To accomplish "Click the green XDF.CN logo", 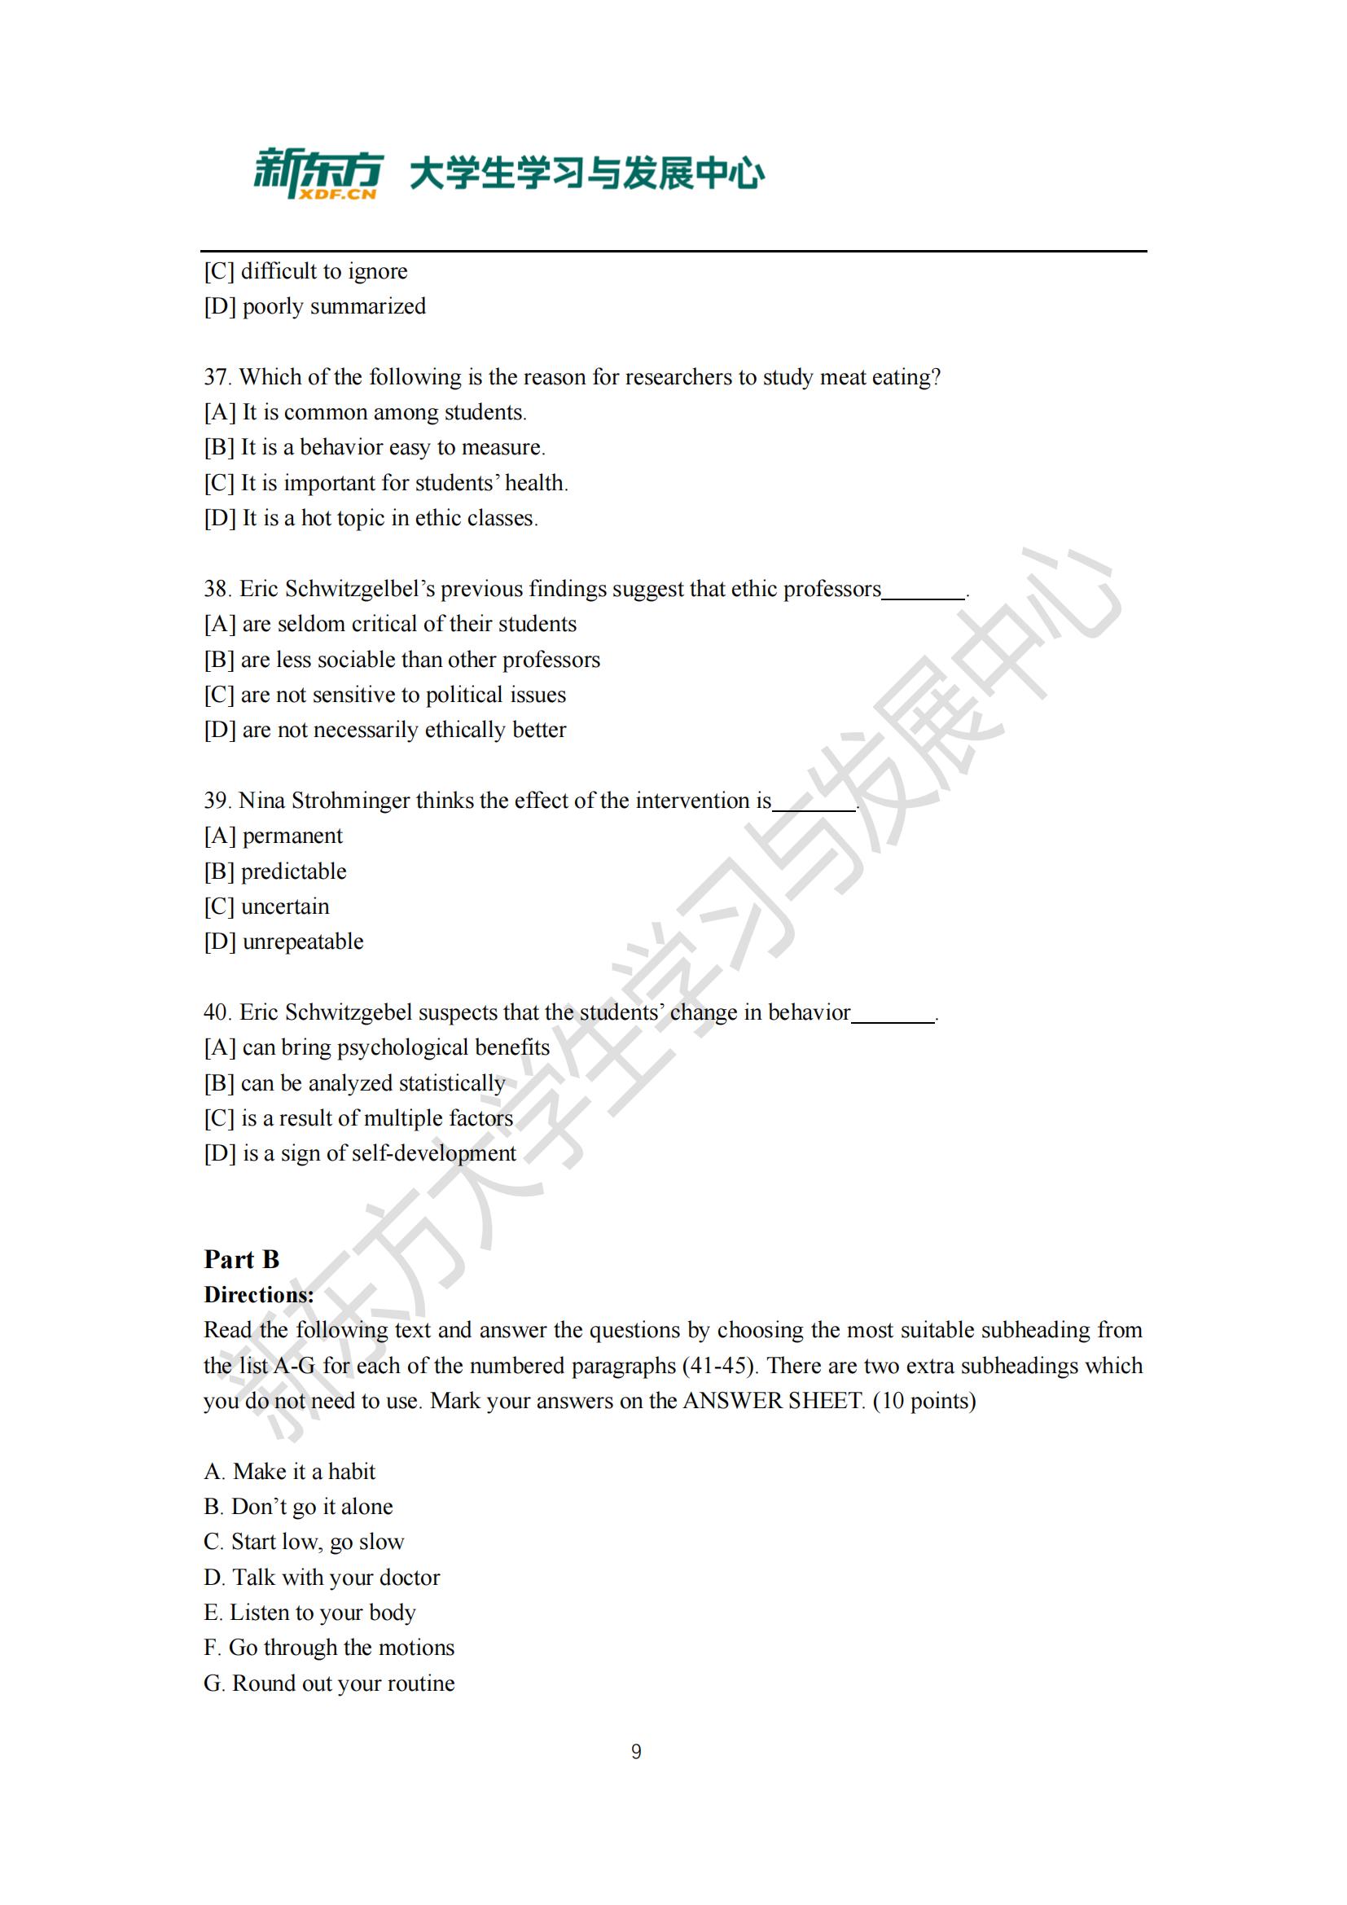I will [318, 173].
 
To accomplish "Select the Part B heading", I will [241, 1259].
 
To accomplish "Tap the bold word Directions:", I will [259, 1295].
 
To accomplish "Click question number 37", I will [217, 378].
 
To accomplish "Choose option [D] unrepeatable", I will [283, 942].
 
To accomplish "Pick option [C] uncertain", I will [266, 906].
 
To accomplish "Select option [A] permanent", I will [273, 836].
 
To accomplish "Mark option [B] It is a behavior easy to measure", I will [375, 447].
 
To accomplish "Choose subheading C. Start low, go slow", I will [304, 1542].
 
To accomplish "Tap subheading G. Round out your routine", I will [329, 1683].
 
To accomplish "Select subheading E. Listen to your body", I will [309, 1612].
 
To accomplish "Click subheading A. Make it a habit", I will [289, 1471].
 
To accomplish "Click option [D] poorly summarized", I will [314, 306].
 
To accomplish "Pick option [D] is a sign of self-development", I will [360, 1153].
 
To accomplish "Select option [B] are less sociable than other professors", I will [402, 660].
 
